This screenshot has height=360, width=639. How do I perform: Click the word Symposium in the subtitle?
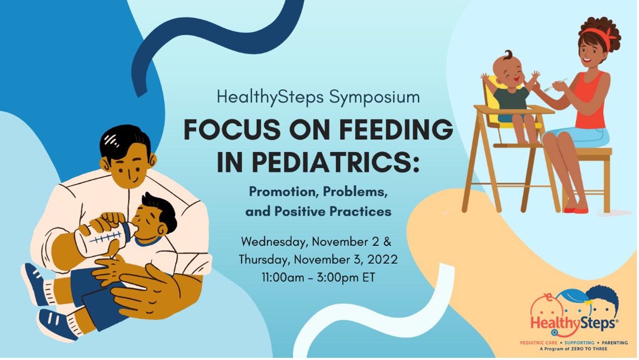(375, 98)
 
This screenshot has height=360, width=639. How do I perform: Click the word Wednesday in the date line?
(274, 242)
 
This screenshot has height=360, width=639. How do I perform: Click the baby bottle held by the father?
(105, 238)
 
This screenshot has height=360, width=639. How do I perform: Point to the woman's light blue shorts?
(578, 136)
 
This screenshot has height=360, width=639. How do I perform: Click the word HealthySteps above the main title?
(270, 98)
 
